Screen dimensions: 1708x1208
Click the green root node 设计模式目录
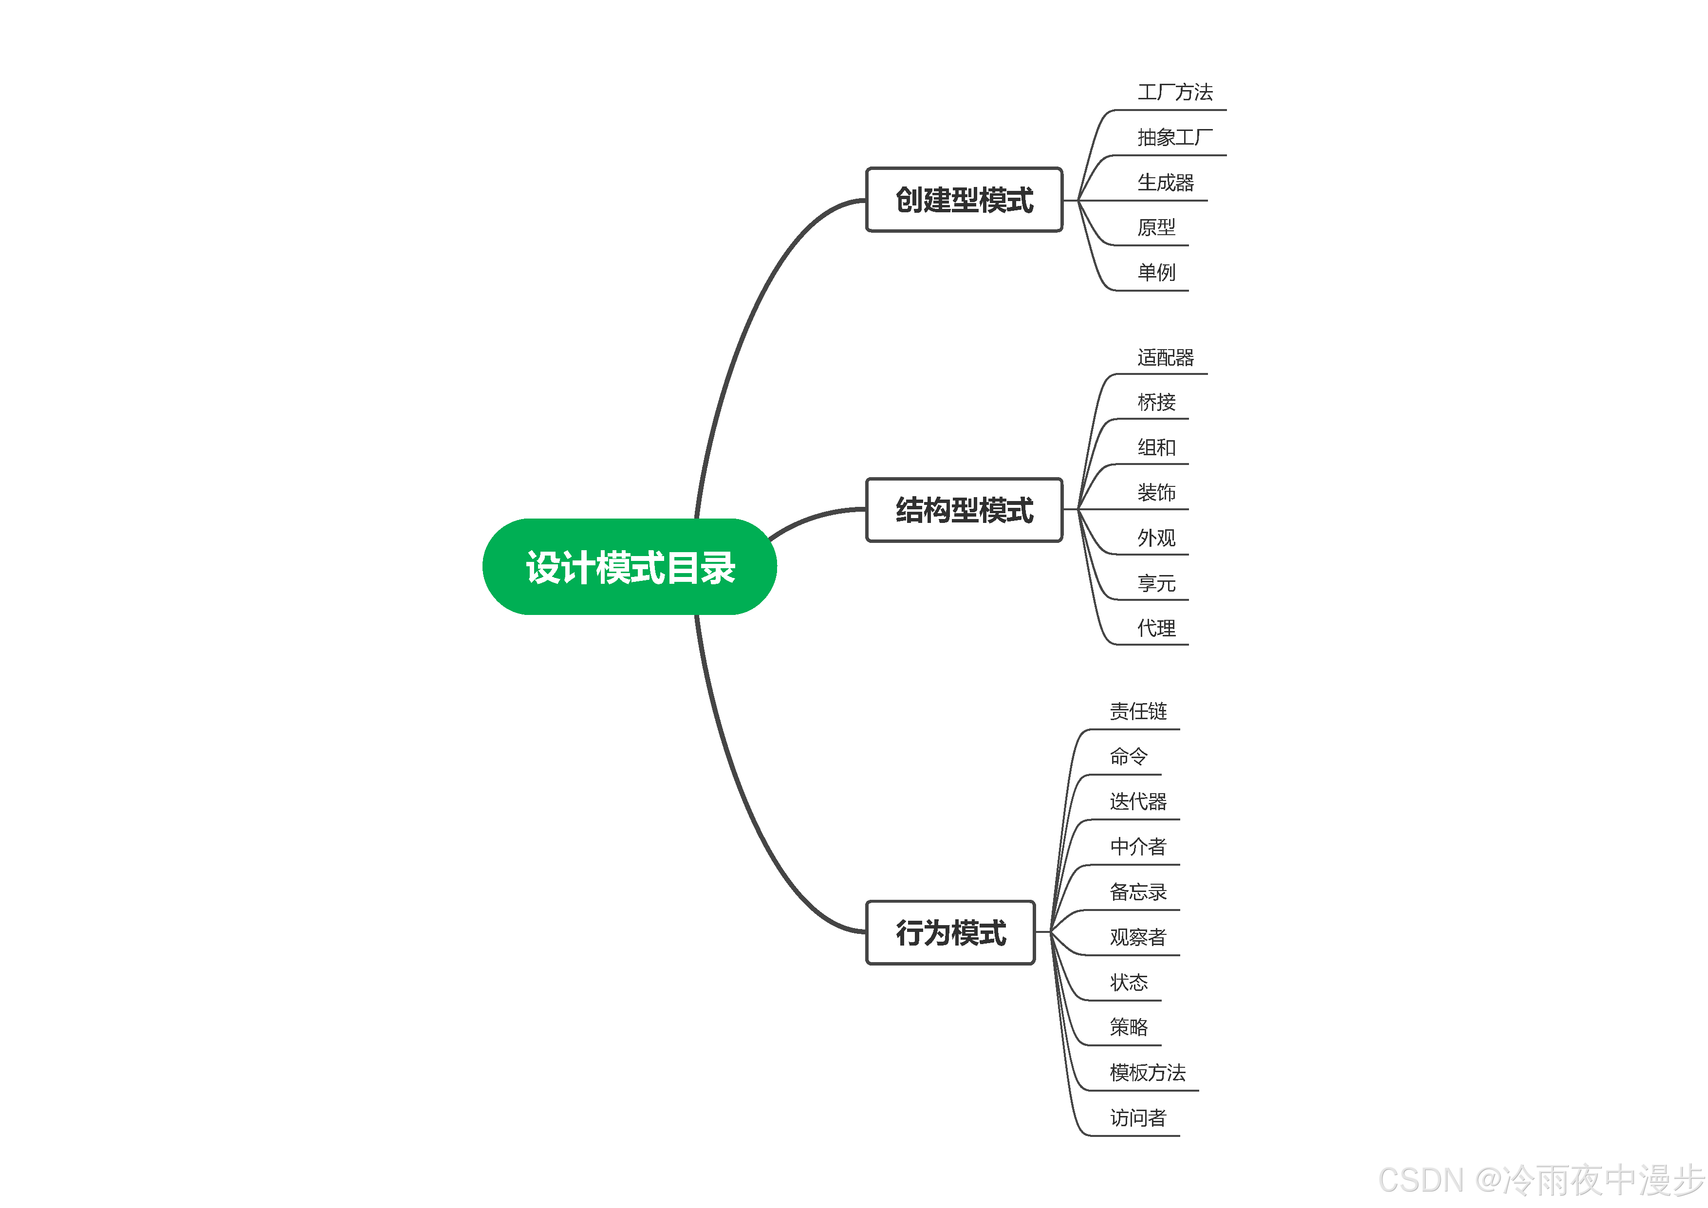pyautogui.click(x=630, y=567)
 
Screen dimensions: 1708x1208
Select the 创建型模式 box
pyautogui.click(x=964, y=199)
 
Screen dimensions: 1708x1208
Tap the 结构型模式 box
pyautogui.click(x=964, y=509)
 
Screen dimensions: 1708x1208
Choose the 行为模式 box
pyautogui.click(x=950, y=932)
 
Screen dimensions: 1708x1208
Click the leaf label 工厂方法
pyautogui.click(x=1175, y=92)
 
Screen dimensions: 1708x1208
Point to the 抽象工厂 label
pyautogui.click(x=1175, y=138)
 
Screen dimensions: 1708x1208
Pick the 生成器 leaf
pyautogui.click(x=1165, y=182)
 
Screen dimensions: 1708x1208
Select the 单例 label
pyautogui.click(x=1156, y=272)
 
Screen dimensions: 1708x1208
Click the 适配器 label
pyautogui.click(x=1165, y=358)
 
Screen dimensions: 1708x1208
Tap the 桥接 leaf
pyautogui.click(x=1156, y=402)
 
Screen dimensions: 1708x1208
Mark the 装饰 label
pyautogui.click(x=1156, y=492)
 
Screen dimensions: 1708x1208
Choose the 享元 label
pyautogui.click(x=1156, y=583)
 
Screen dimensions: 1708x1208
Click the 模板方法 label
pyautogui.click(x=1147, y=1073)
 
